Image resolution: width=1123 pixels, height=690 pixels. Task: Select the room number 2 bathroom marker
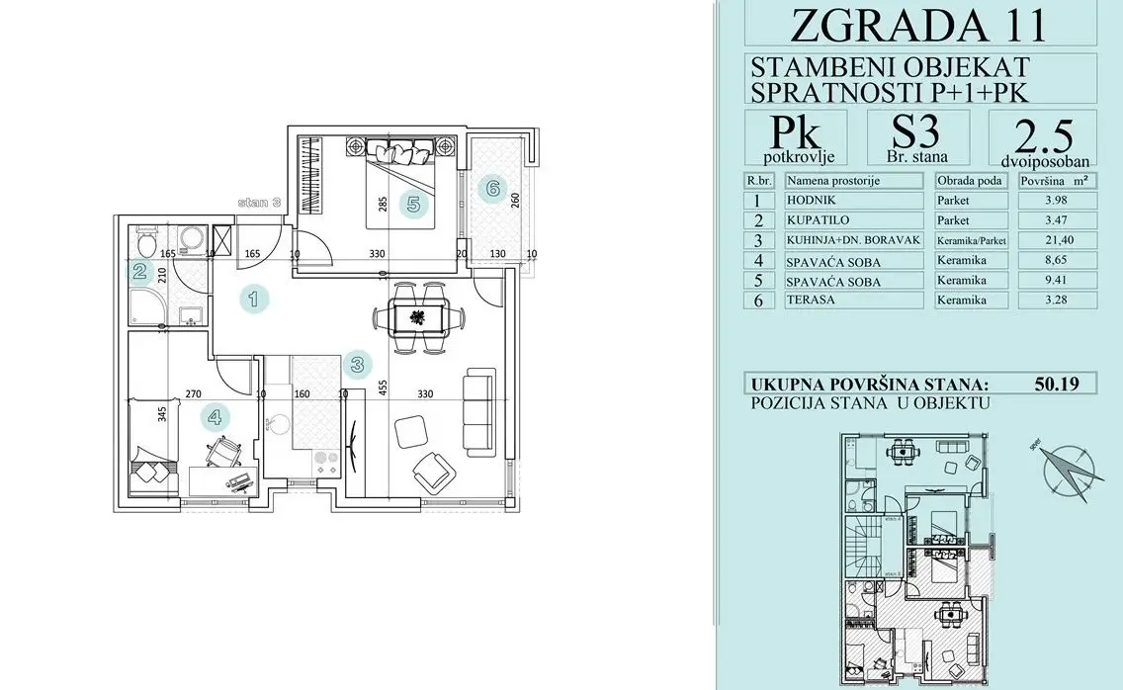(x=140, y=273)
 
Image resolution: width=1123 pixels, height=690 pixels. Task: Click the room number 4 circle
(x=214, y=416)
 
